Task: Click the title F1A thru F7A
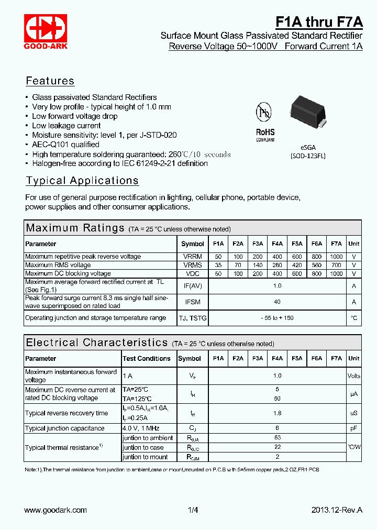click(x=319, y=22)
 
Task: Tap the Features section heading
click(x=50, y=81)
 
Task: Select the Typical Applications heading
click(x=82, y=181)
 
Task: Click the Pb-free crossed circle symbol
click(x=264, y=112)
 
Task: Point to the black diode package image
click(x=308, y=111)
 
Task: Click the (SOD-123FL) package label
click(x=308, y=156)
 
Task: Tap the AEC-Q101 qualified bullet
click(x=65, y=145)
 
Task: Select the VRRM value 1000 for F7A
click(x=336, y=257)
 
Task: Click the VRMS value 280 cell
click(x=277, y=265)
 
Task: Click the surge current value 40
click(x=277, y=302)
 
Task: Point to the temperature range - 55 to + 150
click(x=277, y=318)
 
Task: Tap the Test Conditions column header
click(x=147, y=359)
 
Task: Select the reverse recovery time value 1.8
click(x=277, y=413)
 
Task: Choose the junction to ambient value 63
click(x=277, y=438)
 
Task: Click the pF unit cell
click(x=354, y=428)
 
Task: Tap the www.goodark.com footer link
click(x=56, y=510)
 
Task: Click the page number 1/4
click(x=193, y=510)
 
